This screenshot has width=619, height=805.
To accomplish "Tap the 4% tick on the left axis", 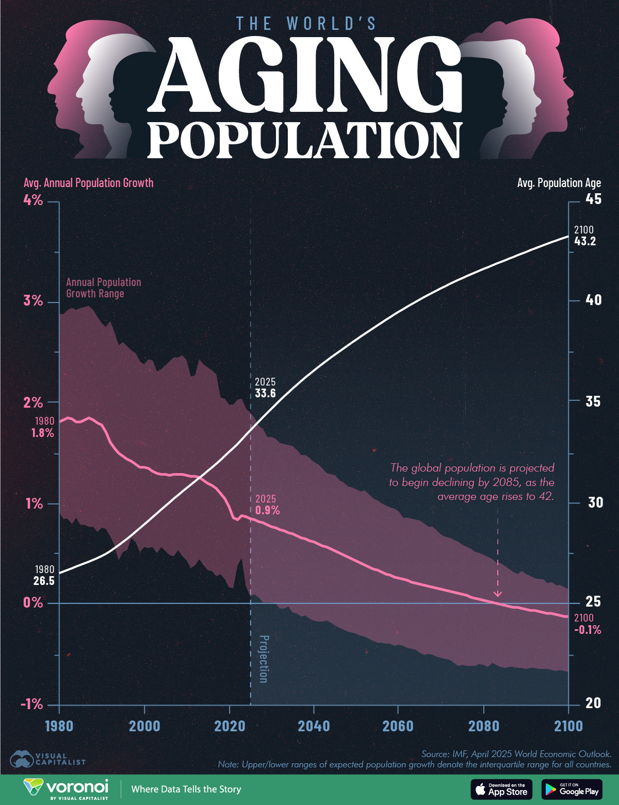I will coord(33,200).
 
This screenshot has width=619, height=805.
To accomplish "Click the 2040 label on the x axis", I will coord(314,726).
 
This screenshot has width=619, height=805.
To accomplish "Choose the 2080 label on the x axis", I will coord(483,726).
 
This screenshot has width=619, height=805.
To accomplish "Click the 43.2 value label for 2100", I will coord(585,241).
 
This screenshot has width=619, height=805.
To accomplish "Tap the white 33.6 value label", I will coord(265,393).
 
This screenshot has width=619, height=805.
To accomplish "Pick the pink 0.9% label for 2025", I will coord(267,510).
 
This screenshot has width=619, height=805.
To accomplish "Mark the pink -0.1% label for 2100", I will coord(588,629).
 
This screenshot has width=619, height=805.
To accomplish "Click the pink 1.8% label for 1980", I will coord(42,433).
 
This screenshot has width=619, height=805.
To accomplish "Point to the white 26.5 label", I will coord(44,581).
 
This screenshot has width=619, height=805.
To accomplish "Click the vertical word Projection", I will coord(263,659).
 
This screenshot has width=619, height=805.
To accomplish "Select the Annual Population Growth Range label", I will coord(103,288).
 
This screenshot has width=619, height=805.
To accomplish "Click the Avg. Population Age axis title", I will coord(559,183).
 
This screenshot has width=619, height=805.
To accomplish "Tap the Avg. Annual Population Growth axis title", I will coord(88,183).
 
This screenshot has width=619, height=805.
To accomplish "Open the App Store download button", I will coord(501,789).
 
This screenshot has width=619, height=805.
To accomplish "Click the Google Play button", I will coord(572,789).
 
